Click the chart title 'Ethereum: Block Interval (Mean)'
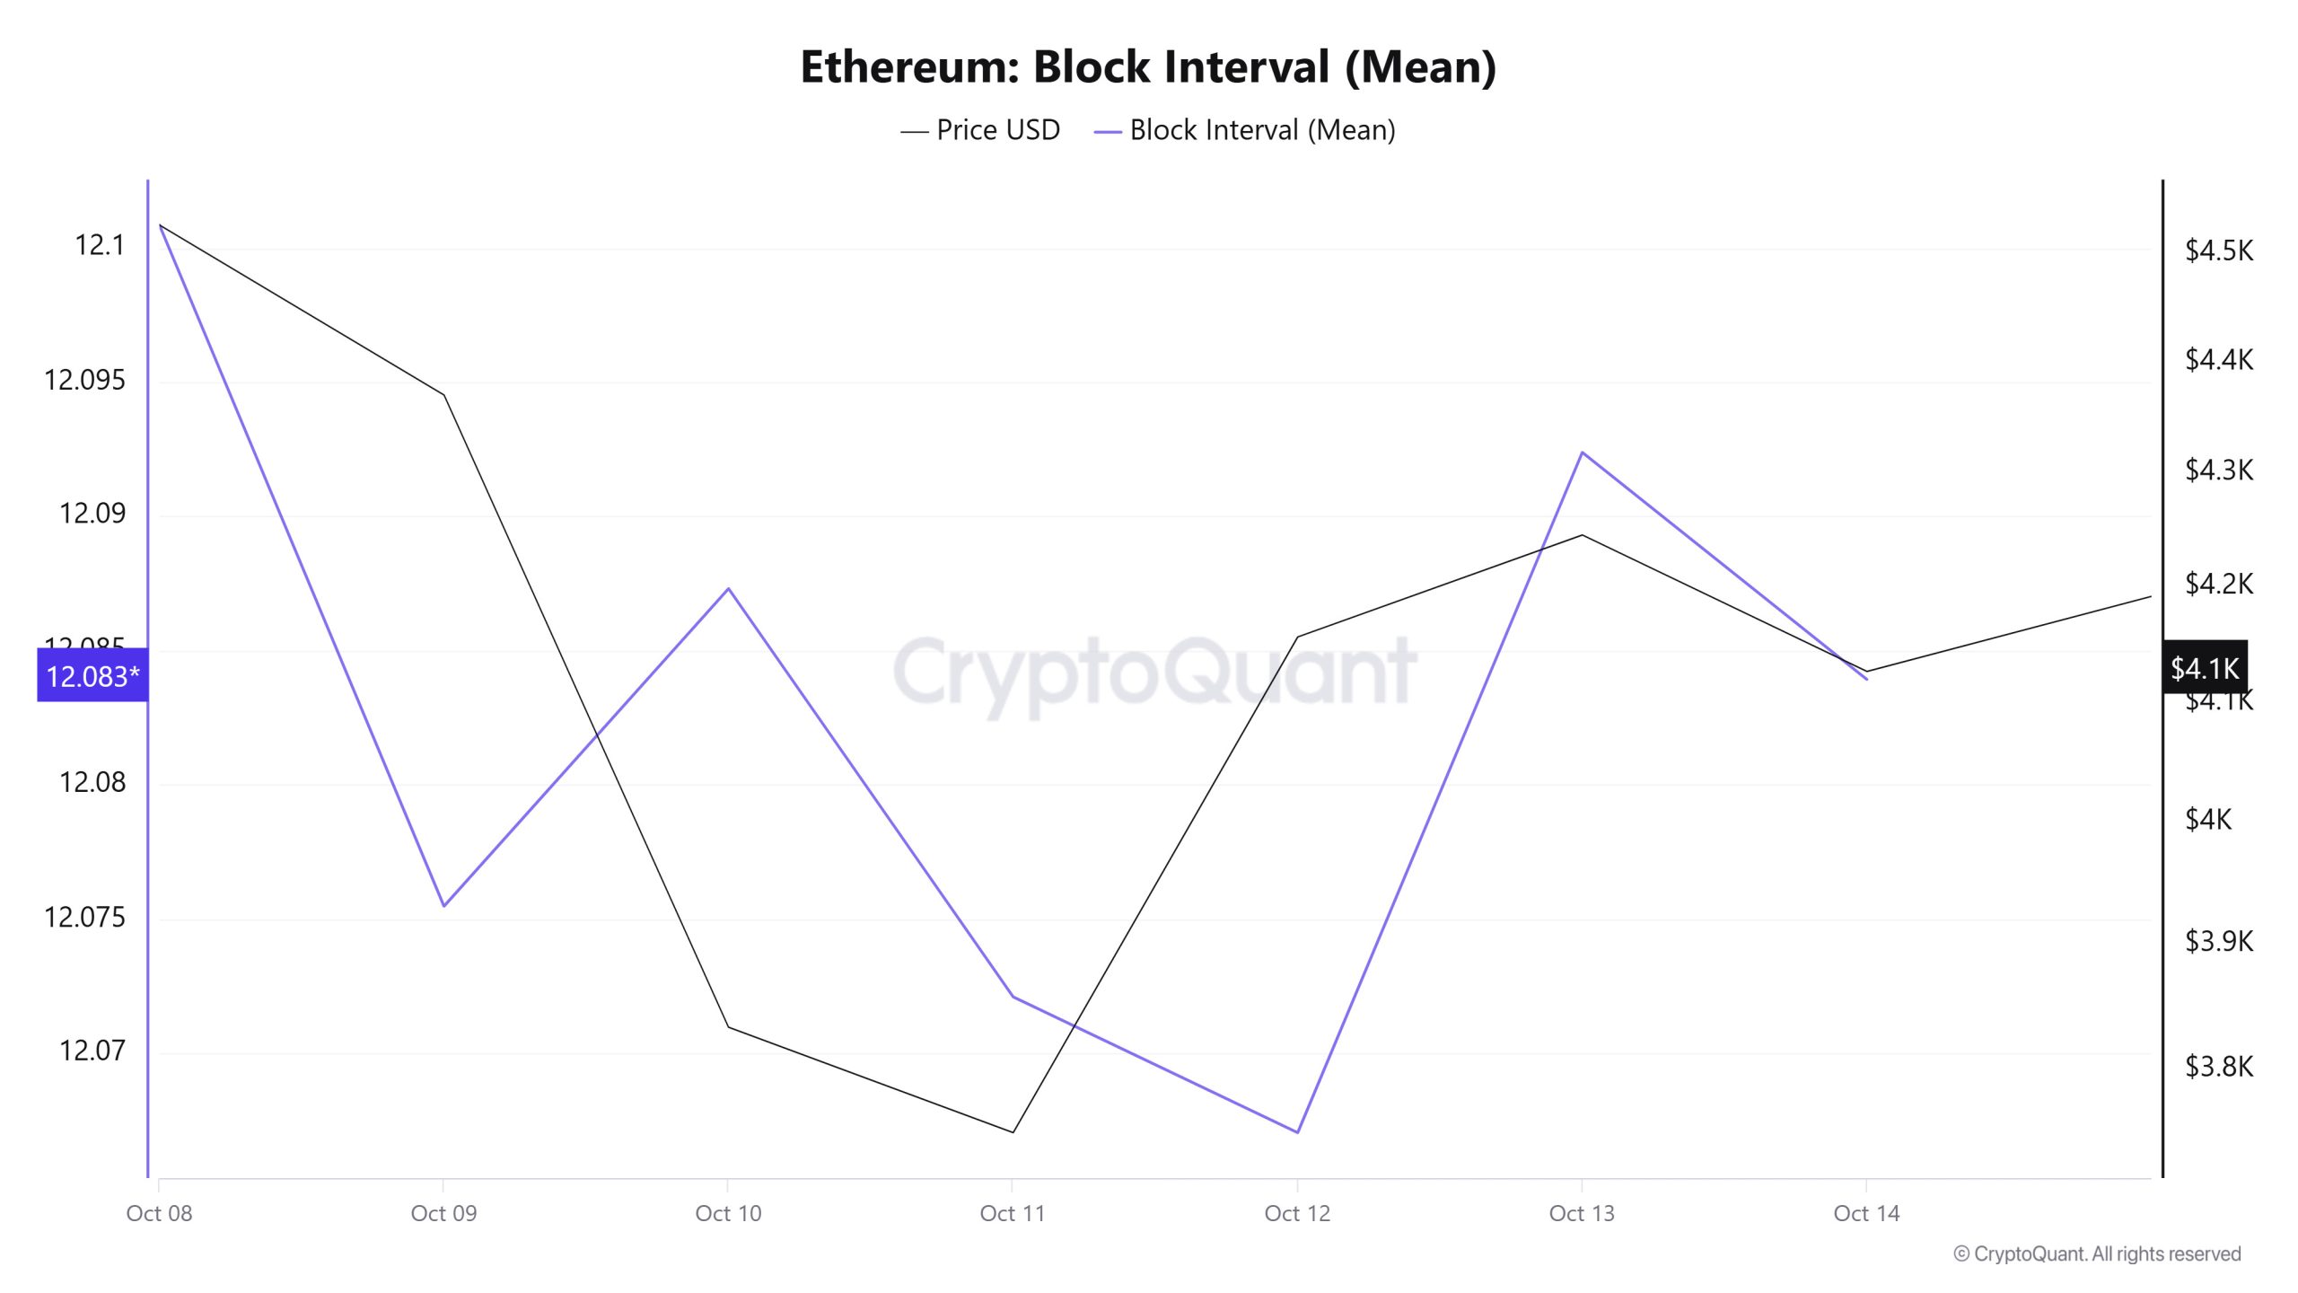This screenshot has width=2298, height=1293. point(1148,67)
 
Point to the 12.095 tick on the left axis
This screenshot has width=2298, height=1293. point(85,380)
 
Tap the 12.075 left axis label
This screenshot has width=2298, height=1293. point(85,917)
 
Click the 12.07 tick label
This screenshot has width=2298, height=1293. point(92,1051)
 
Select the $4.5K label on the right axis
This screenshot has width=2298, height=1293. point(2218,251)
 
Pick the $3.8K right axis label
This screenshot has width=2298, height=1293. point(2218,1067)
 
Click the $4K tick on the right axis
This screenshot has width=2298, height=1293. point(2207,819)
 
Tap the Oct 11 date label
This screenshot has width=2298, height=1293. point(1013,1214)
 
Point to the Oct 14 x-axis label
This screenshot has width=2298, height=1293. point(1866,1214)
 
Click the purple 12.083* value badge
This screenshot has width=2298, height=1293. point(92,676)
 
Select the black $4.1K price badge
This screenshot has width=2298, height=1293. point(2204,668)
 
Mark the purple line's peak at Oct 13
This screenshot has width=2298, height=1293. point(1582,453)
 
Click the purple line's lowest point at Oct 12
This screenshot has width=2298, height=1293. point(1297,1132)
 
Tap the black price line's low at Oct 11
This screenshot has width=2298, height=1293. point(1013,1132)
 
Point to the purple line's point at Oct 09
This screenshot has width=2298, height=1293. point(443,906)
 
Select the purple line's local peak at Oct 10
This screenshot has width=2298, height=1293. point(728,589)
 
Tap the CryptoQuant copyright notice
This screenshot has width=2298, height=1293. point(2097,1254)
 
